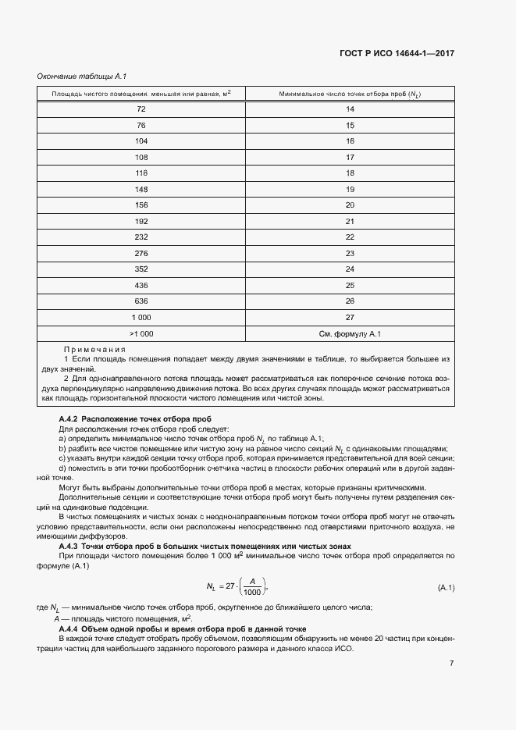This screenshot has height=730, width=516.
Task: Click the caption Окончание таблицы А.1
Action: pos(82,77)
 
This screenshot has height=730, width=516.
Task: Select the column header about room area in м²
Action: pos(141,94)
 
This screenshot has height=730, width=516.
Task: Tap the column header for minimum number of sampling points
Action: pos(351,94)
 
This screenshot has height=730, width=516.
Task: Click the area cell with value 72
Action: pos(141,109)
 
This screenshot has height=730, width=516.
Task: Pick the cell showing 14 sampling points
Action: pos(351,109)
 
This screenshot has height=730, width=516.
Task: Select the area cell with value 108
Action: pos(141,156)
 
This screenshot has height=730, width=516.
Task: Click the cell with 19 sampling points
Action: pos(351,189)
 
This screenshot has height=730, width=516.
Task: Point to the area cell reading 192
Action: pos(141,221)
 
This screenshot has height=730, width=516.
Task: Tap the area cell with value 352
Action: pos(141,269)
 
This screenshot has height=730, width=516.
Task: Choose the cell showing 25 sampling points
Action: pos(351,285)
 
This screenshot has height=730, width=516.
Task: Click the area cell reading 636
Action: pos(141,301)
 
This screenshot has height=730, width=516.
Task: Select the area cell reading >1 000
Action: pos(141,333)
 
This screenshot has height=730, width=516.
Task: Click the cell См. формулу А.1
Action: pos(351,333)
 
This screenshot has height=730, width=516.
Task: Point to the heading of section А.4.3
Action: pos(205,546)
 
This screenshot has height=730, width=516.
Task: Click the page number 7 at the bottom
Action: pos(452,664)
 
